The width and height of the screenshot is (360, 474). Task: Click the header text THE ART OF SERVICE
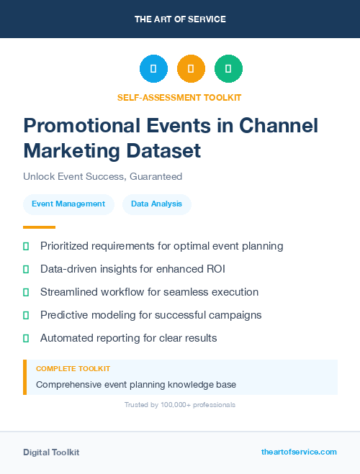pyautogui.click(x=180, y=19)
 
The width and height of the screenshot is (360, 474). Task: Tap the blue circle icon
pyautogui.click(x=153, y=69)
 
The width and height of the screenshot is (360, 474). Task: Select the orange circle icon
pyautogui.click(x=191, y=69)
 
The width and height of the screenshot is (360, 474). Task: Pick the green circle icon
pyautogui.click(x=228, y=69)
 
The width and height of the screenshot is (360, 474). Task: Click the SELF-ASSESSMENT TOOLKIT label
pyautogui.click(x=179, y=97)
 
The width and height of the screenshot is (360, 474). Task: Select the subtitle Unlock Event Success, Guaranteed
pyautogui.click(x=102, y=176)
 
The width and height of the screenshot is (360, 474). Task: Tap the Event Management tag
pyautogui.click(x=68, y=204)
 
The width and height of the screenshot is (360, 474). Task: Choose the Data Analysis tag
pyautogui.click(x=156, y=204)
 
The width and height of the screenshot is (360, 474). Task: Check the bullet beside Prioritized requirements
pyautogui.click(x=26, y=246)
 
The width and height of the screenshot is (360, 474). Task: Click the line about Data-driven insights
pyautogui.click(x=137, y=269)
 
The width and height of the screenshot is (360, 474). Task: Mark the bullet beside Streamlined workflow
pyautogui.click(x=26, y=292)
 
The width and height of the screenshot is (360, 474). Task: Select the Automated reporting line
pyautogui.click(x=128, y=338)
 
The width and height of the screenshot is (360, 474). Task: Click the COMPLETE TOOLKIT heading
pyautogui.click(x=73, y=368)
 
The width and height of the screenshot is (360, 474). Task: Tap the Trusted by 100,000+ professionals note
pyautogui.click(x=179, y=405)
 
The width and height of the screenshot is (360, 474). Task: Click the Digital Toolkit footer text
pyautogui.click(x=51, y=452)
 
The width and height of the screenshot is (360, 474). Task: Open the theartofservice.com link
pyautogui.click(x=299, y=452)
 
